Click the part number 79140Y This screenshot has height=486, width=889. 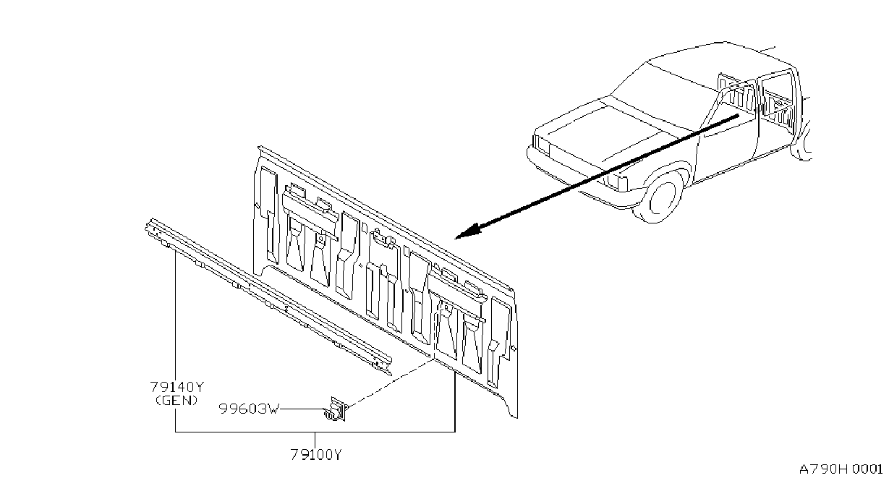tap(177, 386)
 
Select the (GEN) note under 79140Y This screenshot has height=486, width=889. tap(177, 401)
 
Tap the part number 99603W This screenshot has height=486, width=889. tap(250, 409)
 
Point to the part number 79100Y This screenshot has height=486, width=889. tap(315, 454)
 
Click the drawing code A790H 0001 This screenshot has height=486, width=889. tap(841, 469)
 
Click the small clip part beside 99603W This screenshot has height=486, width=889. tap(336, 409)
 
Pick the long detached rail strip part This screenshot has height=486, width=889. tap(268, 297)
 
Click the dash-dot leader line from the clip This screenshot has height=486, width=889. tap(390, 382)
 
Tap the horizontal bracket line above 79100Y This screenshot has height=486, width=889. tap(315, 432)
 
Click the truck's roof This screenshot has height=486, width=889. tap(715, 59)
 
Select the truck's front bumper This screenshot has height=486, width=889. tap(574, 181)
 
